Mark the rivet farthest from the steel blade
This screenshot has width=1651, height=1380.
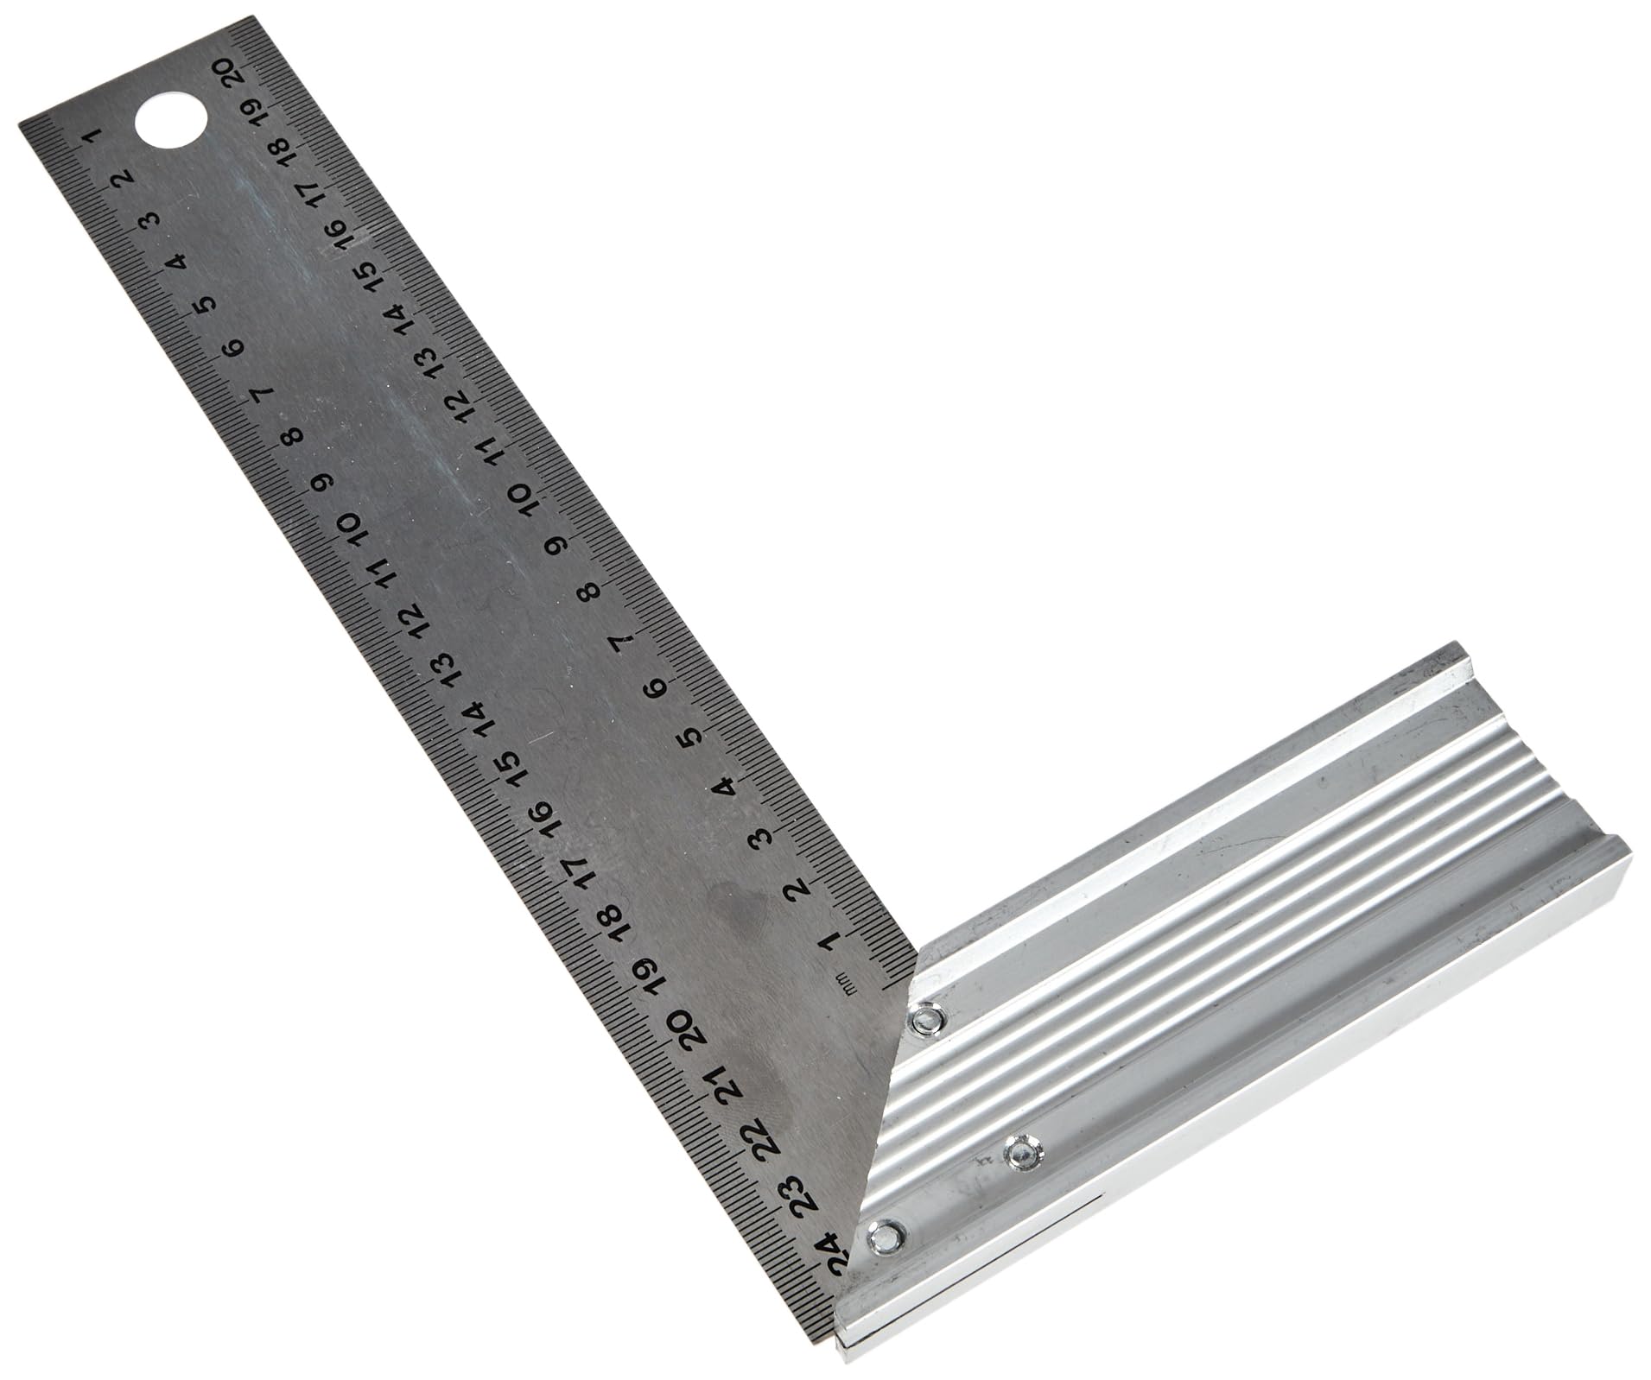1023,1152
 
